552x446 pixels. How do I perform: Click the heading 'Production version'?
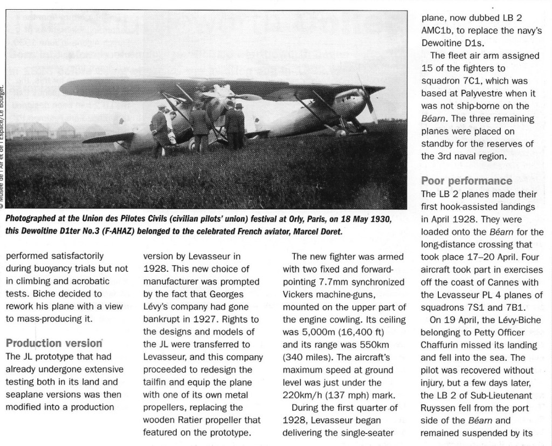54,343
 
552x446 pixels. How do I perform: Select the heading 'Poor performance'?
466,181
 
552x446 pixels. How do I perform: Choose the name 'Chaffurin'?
444,345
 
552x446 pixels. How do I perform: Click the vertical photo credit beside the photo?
4,146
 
